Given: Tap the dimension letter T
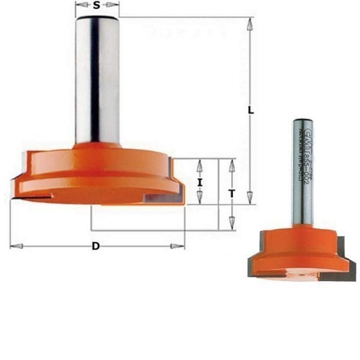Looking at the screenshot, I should pos(232,194).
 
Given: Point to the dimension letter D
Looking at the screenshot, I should pos(95,246).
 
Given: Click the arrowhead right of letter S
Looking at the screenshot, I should pos(112,5).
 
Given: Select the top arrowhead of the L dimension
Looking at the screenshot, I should pos(249,24).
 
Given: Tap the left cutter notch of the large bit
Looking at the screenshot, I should pos(34,196).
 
